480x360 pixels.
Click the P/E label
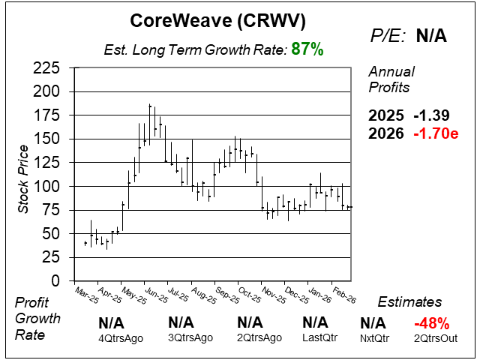(387, 36)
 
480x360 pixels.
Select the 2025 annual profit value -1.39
(432, 116)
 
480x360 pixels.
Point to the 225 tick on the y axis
(49, 68)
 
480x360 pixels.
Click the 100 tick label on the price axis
(49, 186)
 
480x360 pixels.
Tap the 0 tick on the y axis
(59, 280)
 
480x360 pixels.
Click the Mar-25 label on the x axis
(87, 291)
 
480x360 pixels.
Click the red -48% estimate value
(431, 324)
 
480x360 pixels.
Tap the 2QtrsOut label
(431, 337)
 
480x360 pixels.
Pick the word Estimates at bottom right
(409, 302)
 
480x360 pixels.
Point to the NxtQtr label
(373, 337)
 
